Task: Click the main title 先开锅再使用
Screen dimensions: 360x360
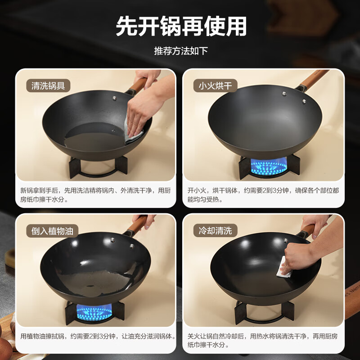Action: click(181, 26)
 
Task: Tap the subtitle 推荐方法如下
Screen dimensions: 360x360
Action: click(181, 50)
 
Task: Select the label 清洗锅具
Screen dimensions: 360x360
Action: click(51, 85)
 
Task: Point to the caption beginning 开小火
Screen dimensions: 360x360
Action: click(263, 195)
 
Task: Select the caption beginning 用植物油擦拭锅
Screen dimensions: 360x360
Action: click(98, 336)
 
